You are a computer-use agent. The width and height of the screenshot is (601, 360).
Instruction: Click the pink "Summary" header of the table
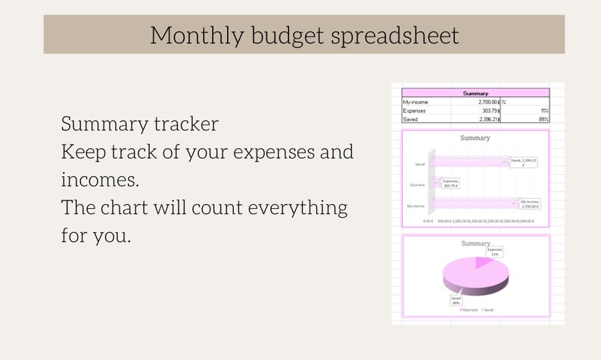click(x=475, y=93)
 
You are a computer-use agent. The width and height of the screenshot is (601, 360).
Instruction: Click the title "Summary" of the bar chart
click(x=475, y=138)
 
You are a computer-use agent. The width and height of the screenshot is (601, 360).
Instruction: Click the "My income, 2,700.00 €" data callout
click(x=528, y=203)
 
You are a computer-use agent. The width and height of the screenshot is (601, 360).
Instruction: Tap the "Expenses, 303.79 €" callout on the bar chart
click(x=450, y=182)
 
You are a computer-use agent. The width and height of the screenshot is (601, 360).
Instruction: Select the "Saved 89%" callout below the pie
click(x=456, y=299)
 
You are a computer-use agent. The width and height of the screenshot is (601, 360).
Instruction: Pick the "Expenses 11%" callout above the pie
click(x=494, y=251)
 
